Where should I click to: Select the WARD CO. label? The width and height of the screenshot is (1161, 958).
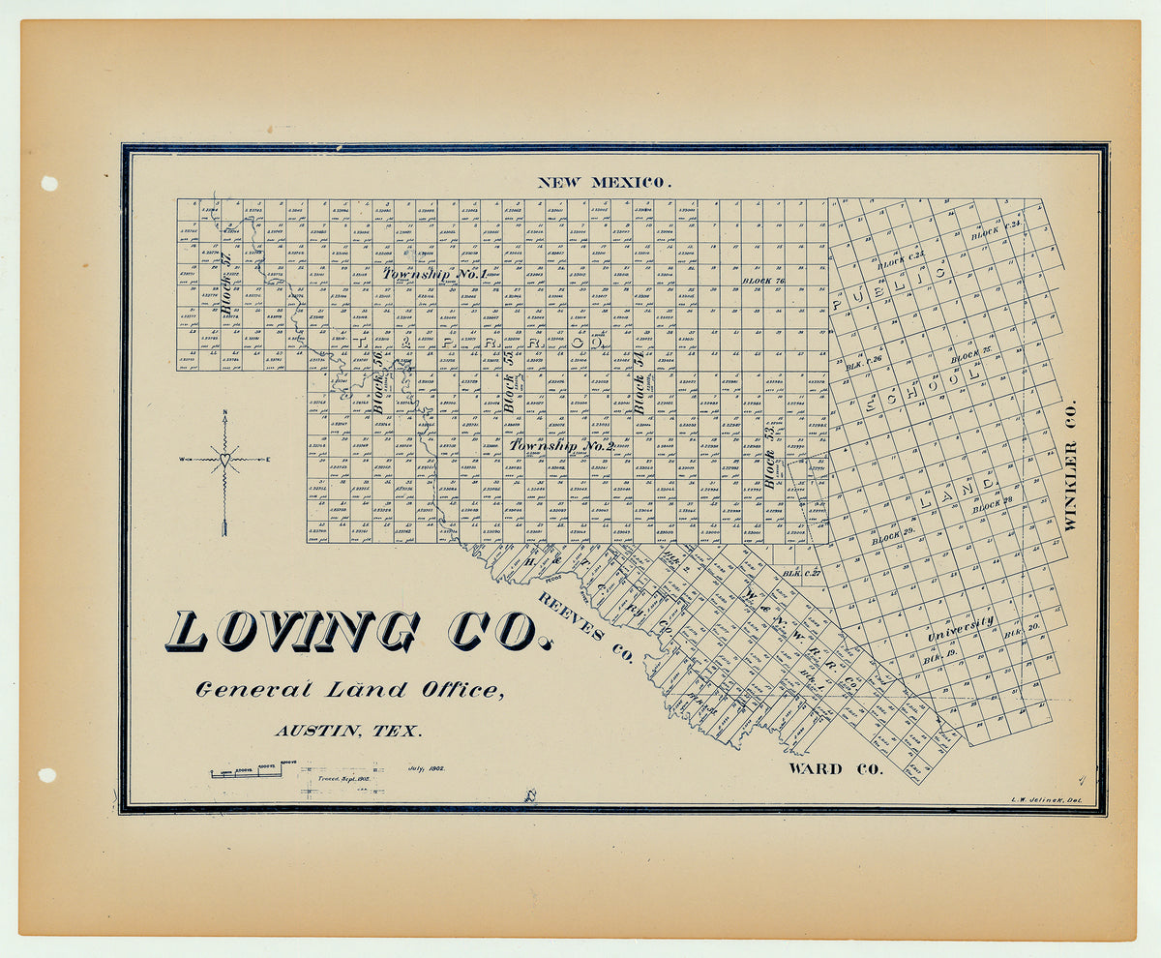[835, 769]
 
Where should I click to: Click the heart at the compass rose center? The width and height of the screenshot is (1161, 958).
[224, 460]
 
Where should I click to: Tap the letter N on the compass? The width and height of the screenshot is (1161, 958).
[224, 416]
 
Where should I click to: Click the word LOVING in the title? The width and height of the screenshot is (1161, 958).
[292, 632]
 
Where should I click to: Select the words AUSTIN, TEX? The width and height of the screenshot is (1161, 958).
[347, 732]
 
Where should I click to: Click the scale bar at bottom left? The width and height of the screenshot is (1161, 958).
[248, 771]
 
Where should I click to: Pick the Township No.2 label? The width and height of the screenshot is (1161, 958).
[562, 446]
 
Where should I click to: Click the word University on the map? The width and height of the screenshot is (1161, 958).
[961, 628]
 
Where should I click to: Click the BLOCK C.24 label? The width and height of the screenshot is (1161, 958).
[997, 230]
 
